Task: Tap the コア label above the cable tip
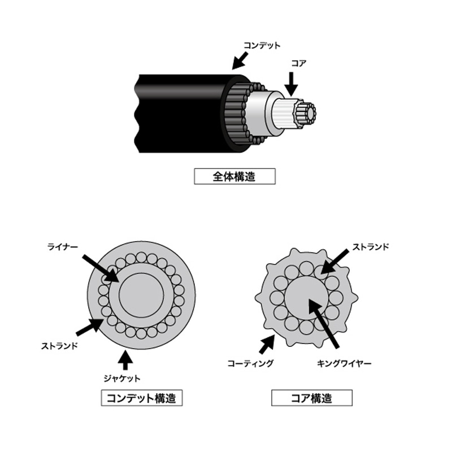[298, 63]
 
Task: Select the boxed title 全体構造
[234, 176]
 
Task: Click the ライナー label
[62, 247]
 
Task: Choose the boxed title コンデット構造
[142, 398]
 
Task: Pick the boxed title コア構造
[311, 398]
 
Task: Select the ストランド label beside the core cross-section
[371, 247]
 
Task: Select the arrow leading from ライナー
[100, 268]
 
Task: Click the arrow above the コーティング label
[267, 342]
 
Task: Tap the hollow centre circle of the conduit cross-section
[141, 294]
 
